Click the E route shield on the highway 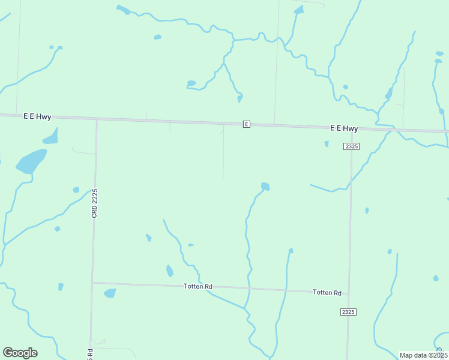pyautogui.click(x=246, y=124)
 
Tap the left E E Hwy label pyautogui.click(x=37, y=116)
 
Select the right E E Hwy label pyautogui.click(x=344, y=128)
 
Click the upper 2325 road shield pyautogui.click(x=352, y=146)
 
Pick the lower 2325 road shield pyautogui.click(x=348, y=311)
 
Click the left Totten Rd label pyautogui.click(x=198, y=287)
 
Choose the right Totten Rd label pyautogui.click(x=327, y=292)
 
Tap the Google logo pyautogui.click(x=20, y=353)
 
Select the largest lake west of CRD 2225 pyautogui.click(x=31, y=161)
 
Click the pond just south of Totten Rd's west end pyautogui.click(x=110, y=293)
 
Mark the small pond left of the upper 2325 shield pyautogui.click(x=327, y=144)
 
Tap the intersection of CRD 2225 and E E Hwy pyautogui.click(x=97, y=119)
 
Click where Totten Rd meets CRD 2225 pyautogui.click(x=92, y=282)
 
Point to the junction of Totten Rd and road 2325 pyautogui.click(x=349, y=293)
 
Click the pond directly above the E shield pyautogui.click(x=240, y=98)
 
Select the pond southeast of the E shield pyautogui.click(x=265, y=187)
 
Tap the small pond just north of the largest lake pyautogui.click(x=51, y=136)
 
